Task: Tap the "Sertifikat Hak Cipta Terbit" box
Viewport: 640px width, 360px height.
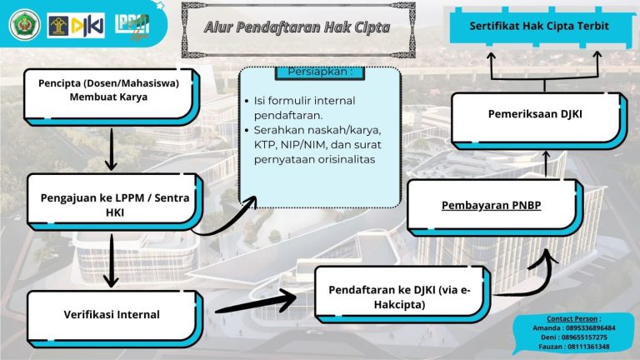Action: pos(538,26)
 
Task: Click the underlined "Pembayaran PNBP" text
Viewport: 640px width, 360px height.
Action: pos(492,204)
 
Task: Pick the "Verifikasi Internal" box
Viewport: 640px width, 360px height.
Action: pos(112,314)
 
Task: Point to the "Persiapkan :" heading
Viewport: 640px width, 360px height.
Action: pos(320,72)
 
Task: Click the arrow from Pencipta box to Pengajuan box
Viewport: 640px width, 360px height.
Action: pos(110,148)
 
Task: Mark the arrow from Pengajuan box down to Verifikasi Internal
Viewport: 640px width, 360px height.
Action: pos(110,259)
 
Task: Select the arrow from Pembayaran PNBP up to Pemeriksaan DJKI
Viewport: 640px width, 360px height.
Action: pos(547,163)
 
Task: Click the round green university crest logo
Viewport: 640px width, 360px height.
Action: pos(22,26)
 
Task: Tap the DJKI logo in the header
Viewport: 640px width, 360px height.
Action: pos(76,26)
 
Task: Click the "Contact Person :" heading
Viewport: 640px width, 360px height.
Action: pos(573,318)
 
